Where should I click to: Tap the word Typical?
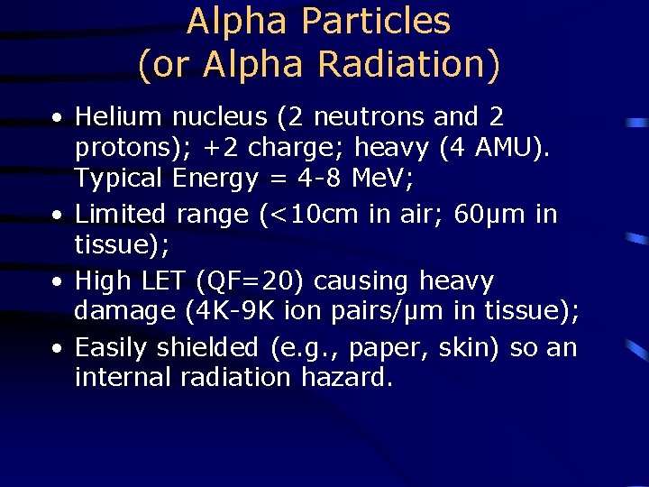[x=117, y=179]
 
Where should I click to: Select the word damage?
[x=125, y=312]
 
